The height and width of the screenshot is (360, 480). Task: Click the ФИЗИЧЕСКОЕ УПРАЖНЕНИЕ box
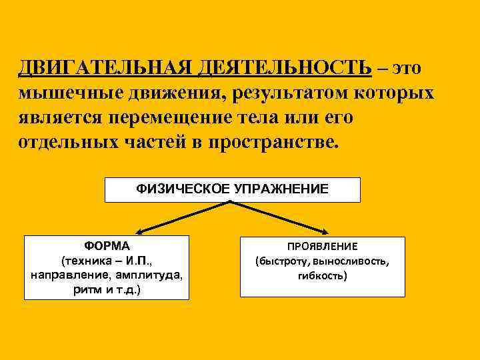[233, 189]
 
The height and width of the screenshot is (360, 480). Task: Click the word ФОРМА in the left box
[107, 245]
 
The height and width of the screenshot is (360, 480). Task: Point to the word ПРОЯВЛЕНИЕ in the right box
[323, 247]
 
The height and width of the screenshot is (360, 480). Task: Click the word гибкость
[323, 275]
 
